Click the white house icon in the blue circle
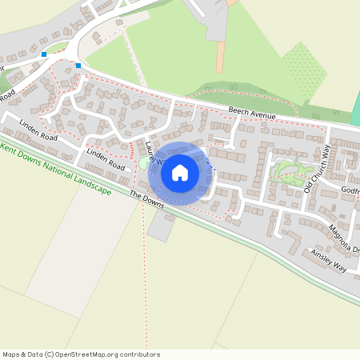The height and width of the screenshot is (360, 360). (x=180, y=172)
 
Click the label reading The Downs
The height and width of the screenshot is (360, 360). (x=146, y=199)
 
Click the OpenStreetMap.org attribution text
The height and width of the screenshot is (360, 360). (x=102, y=354)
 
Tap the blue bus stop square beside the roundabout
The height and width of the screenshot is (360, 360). (x=44, y=54)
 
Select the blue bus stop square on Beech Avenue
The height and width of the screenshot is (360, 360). (x=78, y=65)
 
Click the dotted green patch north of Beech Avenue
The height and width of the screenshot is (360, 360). (x=304, y=70)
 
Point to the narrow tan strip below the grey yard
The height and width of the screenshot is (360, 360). (x=219, y=56)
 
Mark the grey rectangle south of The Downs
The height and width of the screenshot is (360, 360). (x=160, y=227)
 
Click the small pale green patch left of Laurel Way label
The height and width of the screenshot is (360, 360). (x=142, y=163)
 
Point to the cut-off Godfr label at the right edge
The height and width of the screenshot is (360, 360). (x=350, y=190)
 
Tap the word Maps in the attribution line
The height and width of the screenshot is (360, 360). (x=12, y=354)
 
